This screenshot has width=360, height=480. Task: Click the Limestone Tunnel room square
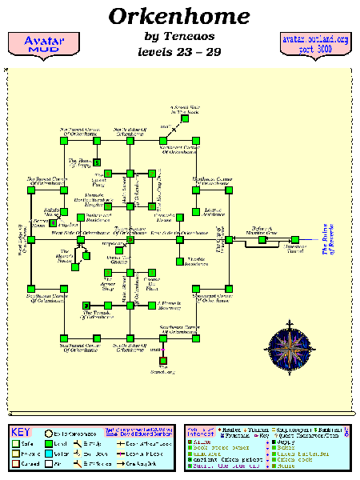point(295,239)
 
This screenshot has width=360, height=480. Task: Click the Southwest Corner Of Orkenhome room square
point(32,288)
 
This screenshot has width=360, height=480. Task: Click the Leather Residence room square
point(195,213)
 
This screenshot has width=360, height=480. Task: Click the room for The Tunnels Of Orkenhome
point(87,304)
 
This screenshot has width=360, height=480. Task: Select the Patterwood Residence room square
point(79,216)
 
